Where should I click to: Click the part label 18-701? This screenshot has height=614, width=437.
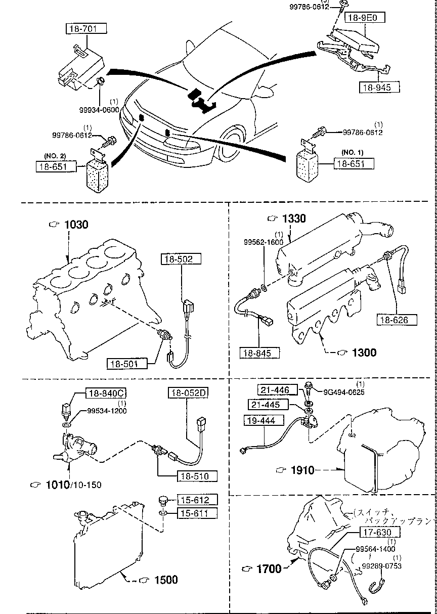tap(86, 29)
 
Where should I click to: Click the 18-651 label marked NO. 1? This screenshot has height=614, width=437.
tap(353, 163)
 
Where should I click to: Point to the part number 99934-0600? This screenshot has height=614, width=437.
tap(97, 110)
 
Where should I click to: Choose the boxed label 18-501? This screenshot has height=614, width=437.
tap(126, 363)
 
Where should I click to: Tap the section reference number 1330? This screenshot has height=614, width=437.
tap(293, 218)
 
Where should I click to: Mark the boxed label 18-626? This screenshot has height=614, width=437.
tap(397, 320)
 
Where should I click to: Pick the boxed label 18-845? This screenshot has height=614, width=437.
tap(260, 353)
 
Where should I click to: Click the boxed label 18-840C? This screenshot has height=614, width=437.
tap(100, 393)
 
